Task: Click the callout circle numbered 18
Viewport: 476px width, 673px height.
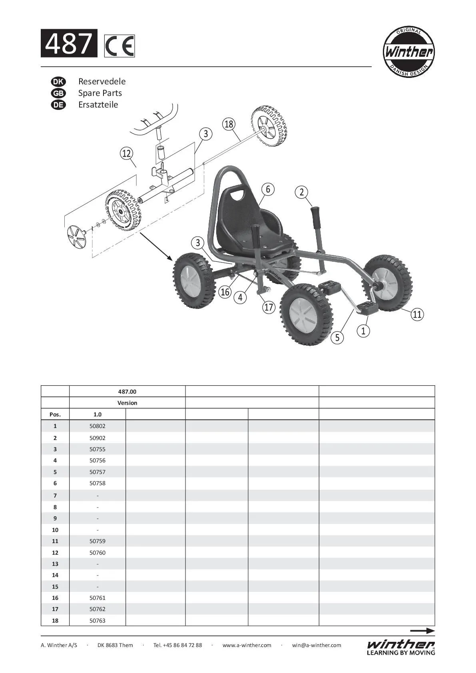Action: click(x=229, y=124)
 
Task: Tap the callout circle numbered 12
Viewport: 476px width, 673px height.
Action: click(x=126, y=153)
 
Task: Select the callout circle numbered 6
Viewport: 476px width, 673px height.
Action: click(x=268, y=189)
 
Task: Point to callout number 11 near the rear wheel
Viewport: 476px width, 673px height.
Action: click(x=417, y=315)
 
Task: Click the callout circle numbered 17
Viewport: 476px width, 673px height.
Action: click(x=269, y=307)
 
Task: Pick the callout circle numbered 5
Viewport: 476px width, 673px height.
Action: click(x=337, y=337)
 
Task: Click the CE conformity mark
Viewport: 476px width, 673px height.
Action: click(x=119, y=46)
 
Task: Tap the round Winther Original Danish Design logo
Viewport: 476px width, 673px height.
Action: click(x=408, y=52)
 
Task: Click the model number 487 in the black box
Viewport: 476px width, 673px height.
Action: click(x=69, y=43)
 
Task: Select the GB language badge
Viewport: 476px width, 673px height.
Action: click(x=58, y=93)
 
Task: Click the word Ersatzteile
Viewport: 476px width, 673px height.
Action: click(x=98, y=105)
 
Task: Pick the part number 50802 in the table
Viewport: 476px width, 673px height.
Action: click(x=98, y=426)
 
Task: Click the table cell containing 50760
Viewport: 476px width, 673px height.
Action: click(x=98, y=553)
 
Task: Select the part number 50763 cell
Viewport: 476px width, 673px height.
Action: click(x=98, y=621)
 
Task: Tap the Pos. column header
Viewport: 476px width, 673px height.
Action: click(x=55, y=414)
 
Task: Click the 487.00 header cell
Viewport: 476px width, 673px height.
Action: click(x=127, y=392)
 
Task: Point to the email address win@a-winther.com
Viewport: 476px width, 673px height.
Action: click(x=317, y=645)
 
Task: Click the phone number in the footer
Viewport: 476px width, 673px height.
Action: click(x=177, y=645)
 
